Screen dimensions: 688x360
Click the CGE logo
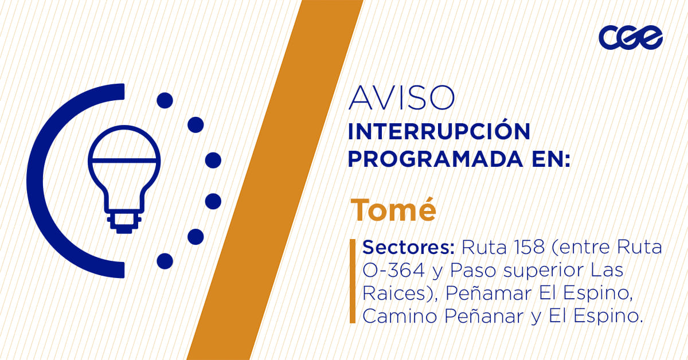(631, 37)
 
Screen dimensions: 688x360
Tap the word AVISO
(401, 98)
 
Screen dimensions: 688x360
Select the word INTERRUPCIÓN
(439, 131)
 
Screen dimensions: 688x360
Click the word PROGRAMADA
(435, 159)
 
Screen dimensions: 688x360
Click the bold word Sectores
(408, 248)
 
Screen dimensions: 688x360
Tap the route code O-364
(394, 271)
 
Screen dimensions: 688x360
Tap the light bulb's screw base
(124, 222)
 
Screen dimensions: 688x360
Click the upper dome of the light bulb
(124, 143)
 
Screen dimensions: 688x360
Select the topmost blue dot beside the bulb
(165, 100)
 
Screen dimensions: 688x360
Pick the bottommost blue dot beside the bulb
(165, 261)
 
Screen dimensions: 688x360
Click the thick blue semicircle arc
(34, 181)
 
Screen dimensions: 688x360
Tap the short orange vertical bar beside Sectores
(353, 281)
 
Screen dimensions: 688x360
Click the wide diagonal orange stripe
(275, 180)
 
